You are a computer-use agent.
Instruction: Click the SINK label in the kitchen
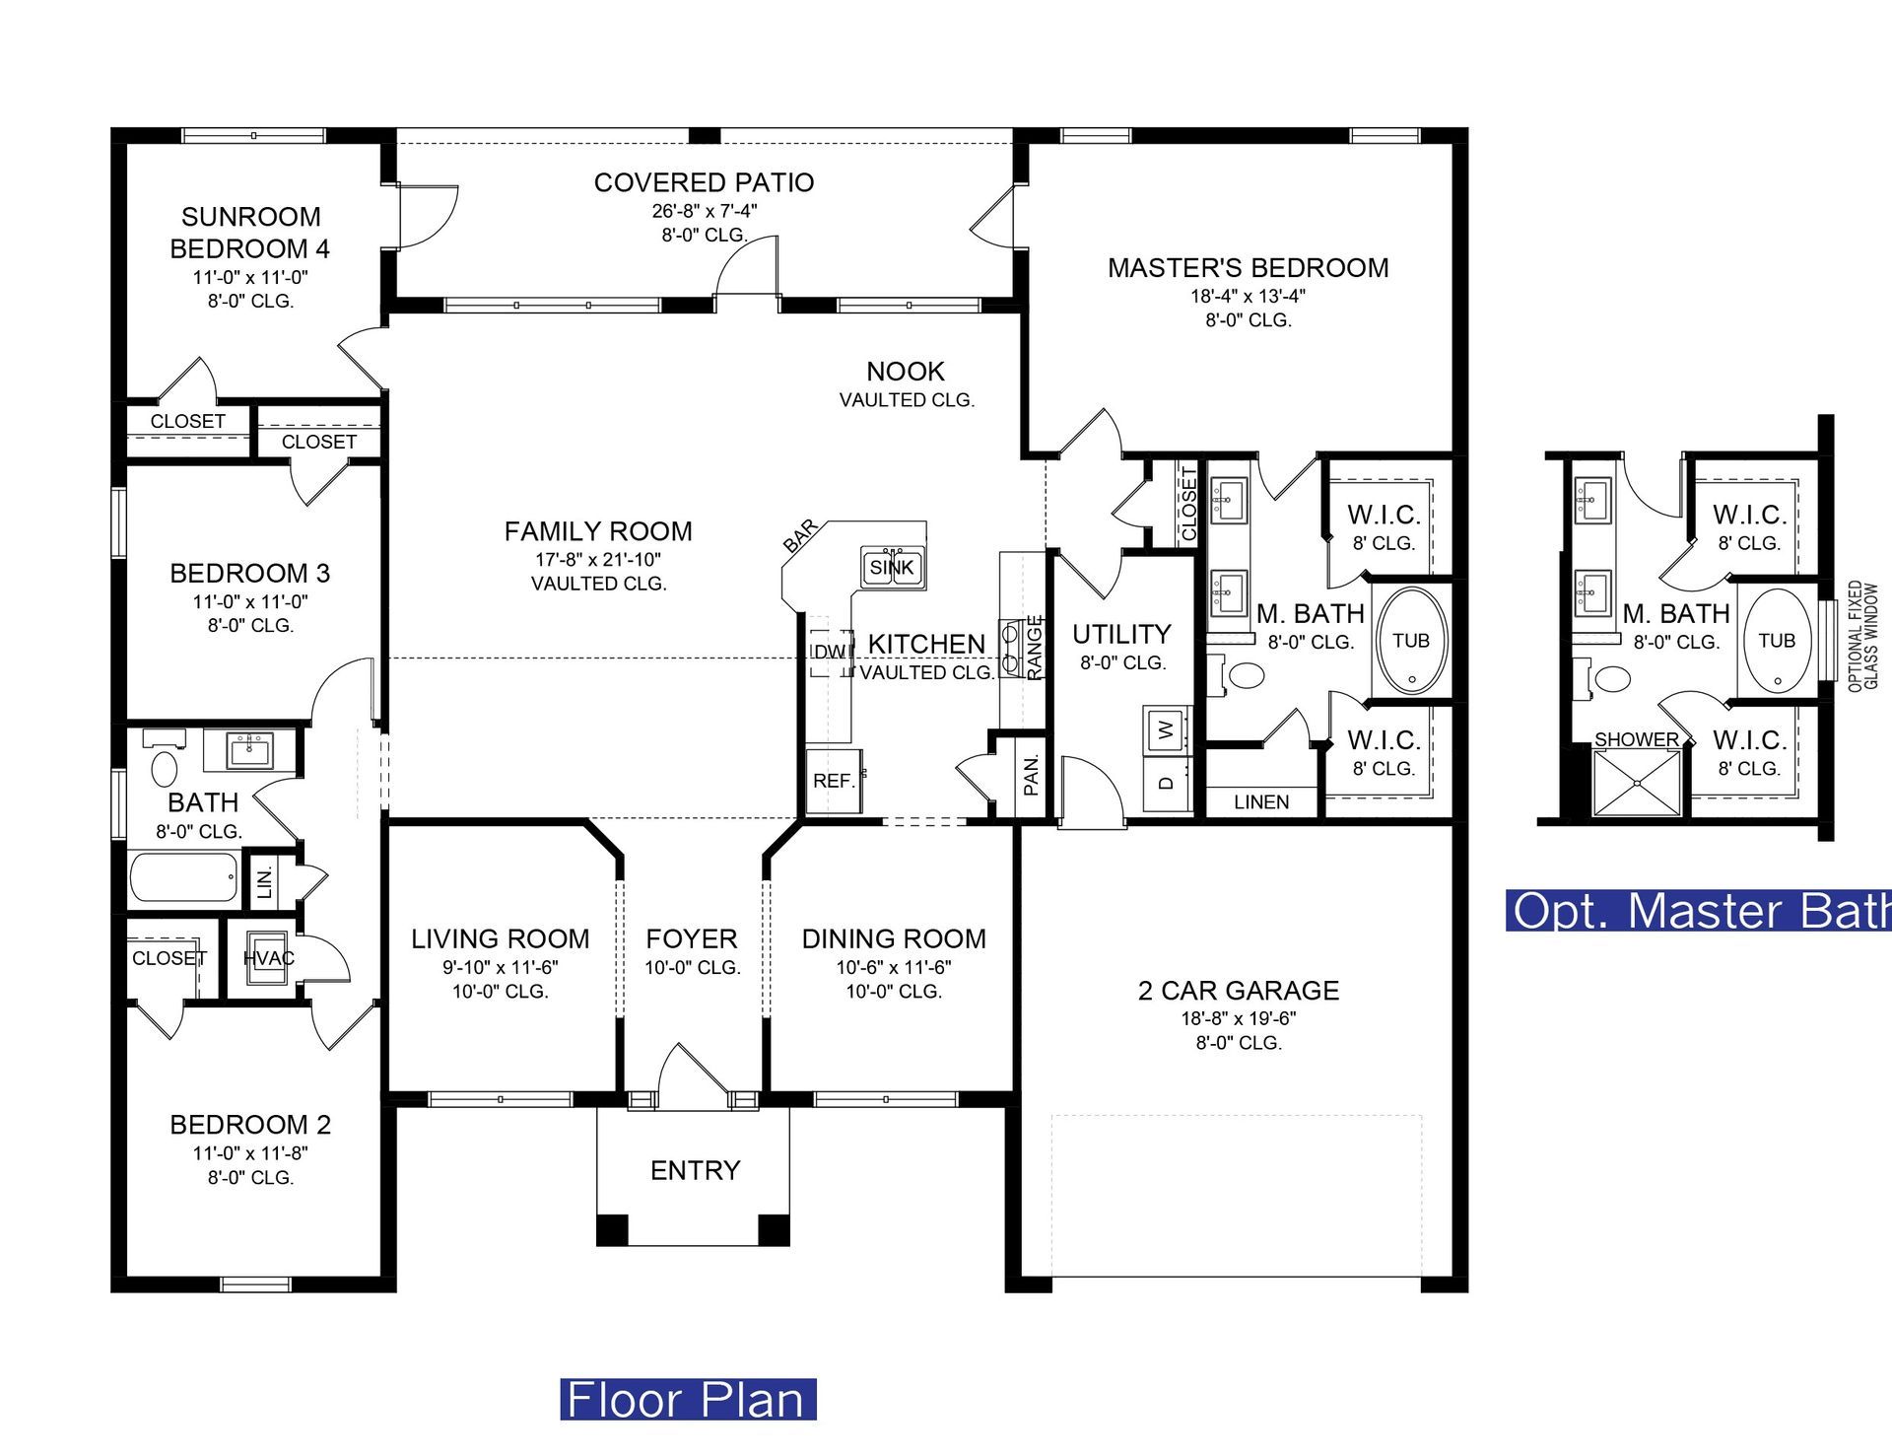pos(892,568)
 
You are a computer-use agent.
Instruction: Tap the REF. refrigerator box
pos(835,781)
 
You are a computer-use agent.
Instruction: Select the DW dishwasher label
pos(831,652)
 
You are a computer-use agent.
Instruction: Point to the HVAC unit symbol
pos(268,957)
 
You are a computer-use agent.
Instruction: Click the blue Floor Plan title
pos(688,1399)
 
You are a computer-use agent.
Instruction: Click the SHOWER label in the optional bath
pos(1636,739)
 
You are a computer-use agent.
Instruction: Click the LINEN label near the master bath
pos(1261,802)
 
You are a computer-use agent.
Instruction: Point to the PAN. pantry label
pos(1031,775)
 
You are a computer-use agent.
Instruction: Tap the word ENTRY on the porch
pos(695,1170)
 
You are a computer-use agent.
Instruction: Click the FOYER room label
pos(692,938)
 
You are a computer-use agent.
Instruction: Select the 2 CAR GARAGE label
pos(1239,991)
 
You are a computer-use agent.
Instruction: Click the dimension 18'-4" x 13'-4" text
pos(1248,296)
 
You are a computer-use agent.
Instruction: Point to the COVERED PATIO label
pos(704,182)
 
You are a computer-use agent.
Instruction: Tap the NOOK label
pos(906,372)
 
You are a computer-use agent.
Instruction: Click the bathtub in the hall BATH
pos(184,876)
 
